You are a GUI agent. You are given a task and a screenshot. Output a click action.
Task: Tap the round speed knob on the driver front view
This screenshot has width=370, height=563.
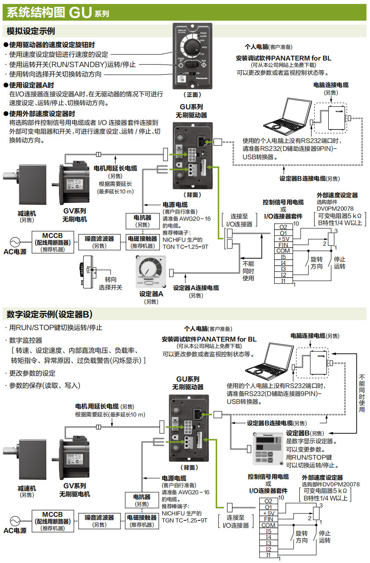pyautogui.click(x=192, y=47)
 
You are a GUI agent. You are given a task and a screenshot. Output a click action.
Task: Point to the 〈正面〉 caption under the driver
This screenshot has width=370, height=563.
pyautogui.click(x=192, y=94)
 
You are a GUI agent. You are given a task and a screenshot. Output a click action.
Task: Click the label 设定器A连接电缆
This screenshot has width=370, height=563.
pyautogui.click(x=196, y=288)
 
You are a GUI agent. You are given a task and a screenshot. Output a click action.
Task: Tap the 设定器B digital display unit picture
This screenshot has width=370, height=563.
pyautogui.click(x=265, y=447)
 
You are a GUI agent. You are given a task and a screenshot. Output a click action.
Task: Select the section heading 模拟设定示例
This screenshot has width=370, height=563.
pyautogui.click(x=31, y=31)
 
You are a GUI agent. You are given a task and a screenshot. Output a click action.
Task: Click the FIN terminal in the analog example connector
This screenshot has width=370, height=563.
pyautogui.click(x=283, y=245)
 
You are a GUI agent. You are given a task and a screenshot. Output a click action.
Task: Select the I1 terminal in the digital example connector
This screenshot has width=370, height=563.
pyautogui.click(x=268, y=555)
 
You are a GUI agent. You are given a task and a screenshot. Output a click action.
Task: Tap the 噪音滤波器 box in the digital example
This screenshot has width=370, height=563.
pyautogui.click(x=99, y=521)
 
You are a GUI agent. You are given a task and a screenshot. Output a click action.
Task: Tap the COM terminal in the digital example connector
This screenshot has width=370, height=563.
pyautogui.click(x=268, y=525)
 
